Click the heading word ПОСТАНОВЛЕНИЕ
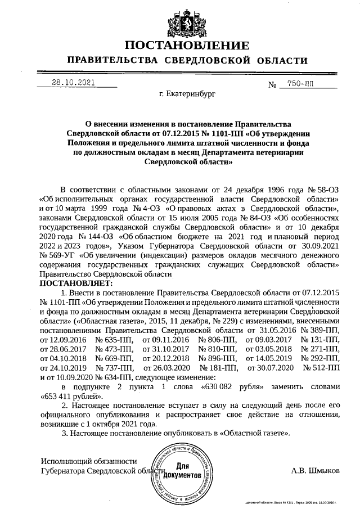186,46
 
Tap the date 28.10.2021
73,82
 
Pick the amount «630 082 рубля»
232,387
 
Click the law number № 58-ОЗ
322,188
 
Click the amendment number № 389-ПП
321,330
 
